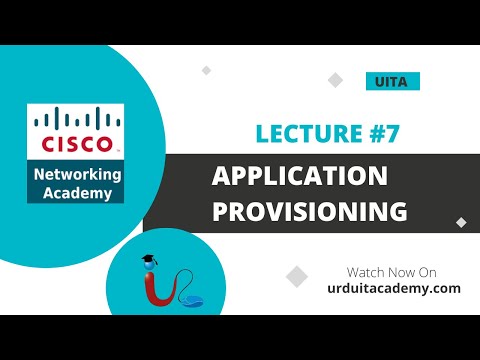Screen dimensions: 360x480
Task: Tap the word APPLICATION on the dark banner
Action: (299, 177)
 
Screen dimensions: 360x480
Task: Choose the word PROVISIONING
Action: (309, 211)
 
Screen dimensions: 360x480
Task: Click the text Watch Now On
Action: (391, 271)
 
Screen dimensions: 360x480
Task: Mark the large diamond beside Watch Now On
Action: (297, 276)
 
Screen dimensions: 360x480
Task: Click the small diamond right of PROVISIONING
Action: (461, 222)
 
